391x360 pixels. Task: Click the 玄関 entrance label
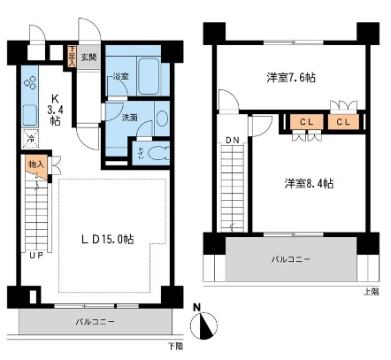coord(89,57)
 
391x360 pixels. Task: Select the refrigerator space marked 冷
coord(29,139)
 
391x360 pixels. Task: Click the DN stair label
coord(232,141)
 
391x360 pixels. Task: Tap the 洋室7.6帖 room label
coord(293,78)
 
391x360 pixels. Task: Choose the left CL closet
coord(303,121)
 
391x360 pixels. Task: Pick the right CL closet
coord(341,121)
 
